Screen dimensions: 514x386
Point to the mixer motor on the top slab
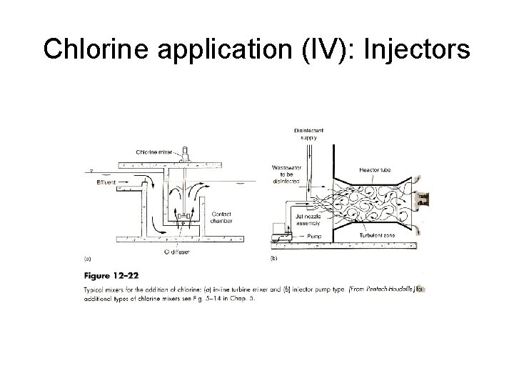186,152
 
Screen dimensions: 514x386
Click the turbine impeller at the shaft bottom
185,215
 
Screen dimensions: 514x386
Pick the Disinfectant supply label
308,134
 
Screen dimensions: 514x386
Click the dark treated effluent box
422,198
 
